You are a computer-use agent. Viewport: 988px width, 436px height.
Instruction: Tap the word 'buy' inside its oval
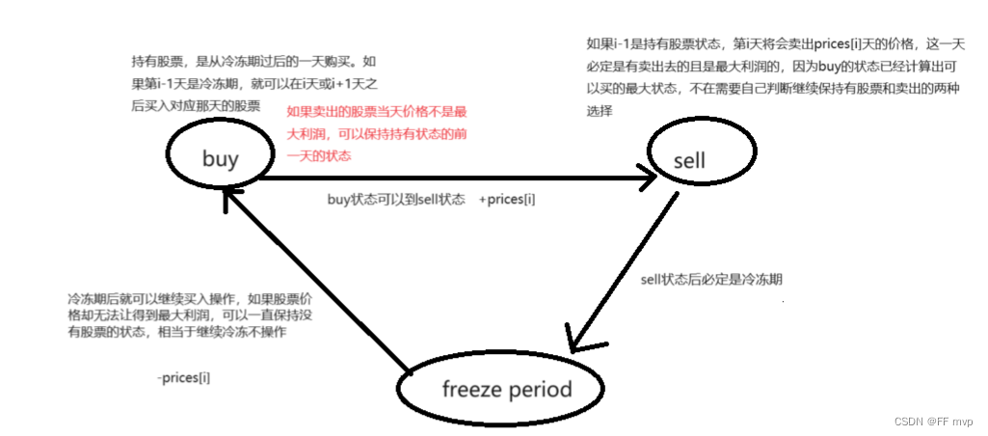(x=220, y=159)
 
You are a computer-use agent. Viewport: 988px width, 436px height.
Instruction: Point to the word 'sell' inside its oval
(x=689, y=159)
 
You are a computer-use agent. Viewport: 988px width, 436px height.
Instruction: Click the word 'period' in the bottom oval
(x=541, y=390)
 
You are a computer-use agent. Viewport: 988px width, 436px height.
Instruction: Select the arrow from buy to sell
(x=453, y=177)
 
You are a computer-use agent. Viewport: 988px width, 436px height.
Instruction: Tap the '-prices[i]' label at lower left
(x=183, y=377)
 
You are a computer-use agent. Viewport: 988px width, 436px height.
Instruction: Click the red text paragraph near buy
(x=376, y=132)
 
